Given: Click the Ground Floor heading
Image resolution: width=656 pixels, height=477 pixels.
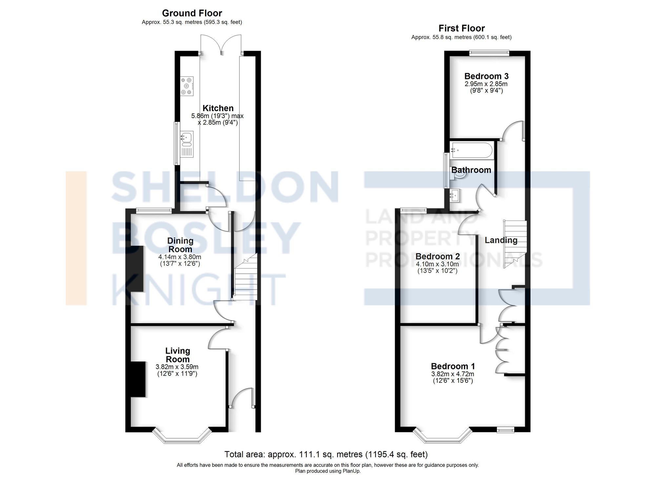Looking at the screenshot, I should (x=192, y=13).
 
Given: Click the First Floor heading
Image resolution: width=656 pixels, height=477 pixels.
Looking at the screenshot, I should (x=461, y=28).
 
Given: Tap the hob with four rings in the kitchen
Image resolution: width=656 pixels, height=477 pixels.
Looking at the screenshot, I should (x=187, y=86).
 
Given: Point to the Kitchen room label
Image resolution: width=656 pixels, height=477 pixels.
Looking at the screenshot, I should (x=218, y=108).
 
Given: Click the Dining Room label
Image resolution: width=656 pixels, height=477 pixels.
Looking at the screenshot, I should (x=180, y=245).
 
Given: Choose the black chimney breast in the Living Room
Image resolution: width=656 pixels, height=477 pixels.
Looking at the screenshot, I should (x=138, y=379).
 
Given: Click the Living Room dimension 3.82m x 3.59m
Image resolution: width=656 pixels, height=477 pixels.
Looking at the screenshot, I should (x=177, y=367).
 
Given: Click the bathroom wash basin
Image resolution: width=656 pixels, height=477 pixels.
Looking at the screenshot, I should (x=455, y=196).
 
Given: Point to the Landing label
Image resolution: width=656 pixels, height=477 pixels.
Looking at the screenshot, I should (x=501, y=240).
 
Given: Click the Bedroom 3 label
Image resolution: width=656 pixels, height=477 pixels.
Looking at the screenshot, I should (x=486, y=76).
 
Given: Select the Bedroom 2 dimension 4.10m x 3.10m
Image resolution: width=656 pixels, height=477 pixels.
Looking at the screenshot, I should (x=437, y=264).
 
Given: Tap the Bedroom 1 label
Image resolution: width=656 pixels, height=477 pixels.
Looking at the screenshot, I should (x=453, y=366).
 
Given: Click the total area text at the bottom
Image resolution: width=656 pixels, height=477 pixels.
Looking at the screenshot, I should (x=326, y=454).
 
